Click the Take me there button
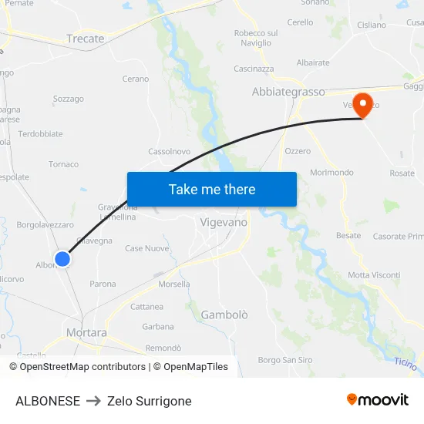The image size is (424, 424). [211, 189]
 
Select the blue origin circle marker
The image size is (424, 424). [62, 259]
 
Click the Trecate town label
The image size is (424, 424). [85, 39]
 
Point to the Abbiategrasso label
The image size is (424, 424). [288, 92]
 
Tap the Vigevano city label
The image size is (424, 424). [224, 222]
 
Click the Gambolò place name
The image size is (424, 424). [224, 315]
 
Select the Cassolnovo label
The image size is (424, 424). [169, 152]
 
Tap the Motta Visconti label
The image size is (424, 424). [374, 275]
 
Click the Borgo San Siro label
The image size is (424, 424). [285, 360]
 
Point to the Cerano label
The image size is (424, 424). [136, 79]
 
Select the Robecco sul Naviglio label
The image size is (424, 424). [256, 38]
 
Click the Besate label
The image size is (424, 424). [348, 235]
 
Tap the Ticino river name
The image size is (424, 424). [406, 362]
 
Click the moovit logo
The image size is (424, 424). [378, 399]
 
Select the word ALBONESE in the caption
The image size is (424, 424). [48, 401]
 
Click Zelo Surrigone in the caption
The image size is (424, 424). [150, 401]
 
